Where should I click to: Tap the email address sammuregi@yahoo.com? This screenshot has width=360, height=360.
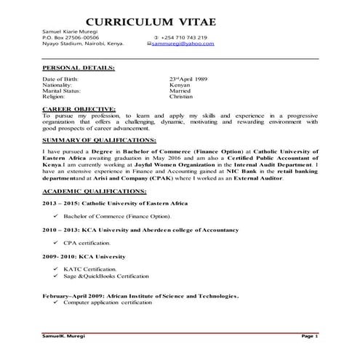(183, 44)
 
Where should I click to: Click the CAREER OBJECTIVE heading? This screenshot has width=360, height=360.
(79, 108)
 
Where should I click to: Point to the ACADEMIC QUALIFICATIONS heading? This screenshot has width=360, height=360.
(95, 190)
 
